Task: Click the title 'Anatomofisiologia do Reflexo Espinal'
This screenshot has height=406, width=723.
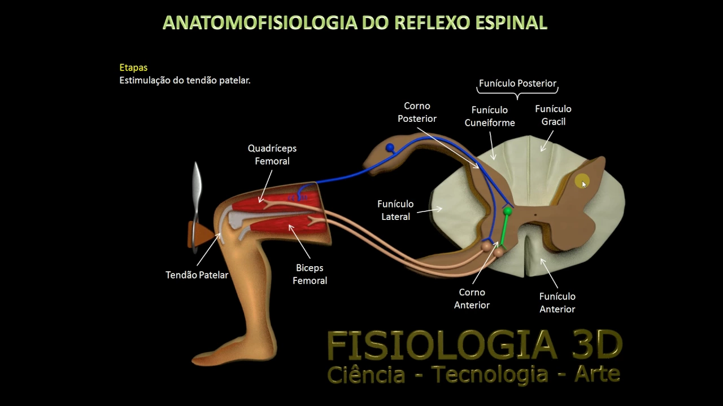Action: pos(355,23)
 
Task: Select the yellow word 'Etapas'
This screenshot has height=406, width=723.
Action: pos(133,68)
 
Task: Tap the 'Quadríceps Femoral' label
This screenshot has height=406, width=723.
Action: pos(272,155)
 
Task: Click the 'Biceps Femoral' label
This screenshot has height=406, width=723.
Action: pos(310,274)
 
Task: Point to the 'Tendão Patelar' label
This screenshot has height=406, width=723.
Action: pos(197,275)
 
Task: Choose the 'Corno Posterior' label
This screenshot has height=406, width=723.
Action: pos(417,112)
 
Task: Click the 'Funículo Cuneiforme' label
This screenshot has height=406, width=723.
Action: pos(490,116)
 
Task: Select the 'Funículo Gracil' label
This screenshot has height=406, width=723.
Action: pos(553,115)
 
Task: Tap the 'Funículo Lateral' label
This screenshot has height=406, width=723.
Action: pos(395,210)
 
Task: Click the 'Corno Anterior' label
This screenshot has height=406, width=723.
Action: pos(472,298)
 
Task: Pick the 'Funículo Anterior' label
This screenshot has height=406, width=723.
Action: pos(557,302)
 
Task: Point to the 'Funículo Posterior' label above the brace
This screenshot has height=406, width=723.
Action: pos(517,83)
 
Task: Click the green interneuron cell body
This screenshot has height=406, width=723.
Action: pos(508,211)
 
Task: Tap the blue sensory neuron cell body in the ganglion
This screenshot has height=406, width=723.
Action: pos(390,148)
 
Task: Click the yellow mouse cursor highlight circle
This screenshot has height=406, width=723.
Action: pos(581,182)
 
